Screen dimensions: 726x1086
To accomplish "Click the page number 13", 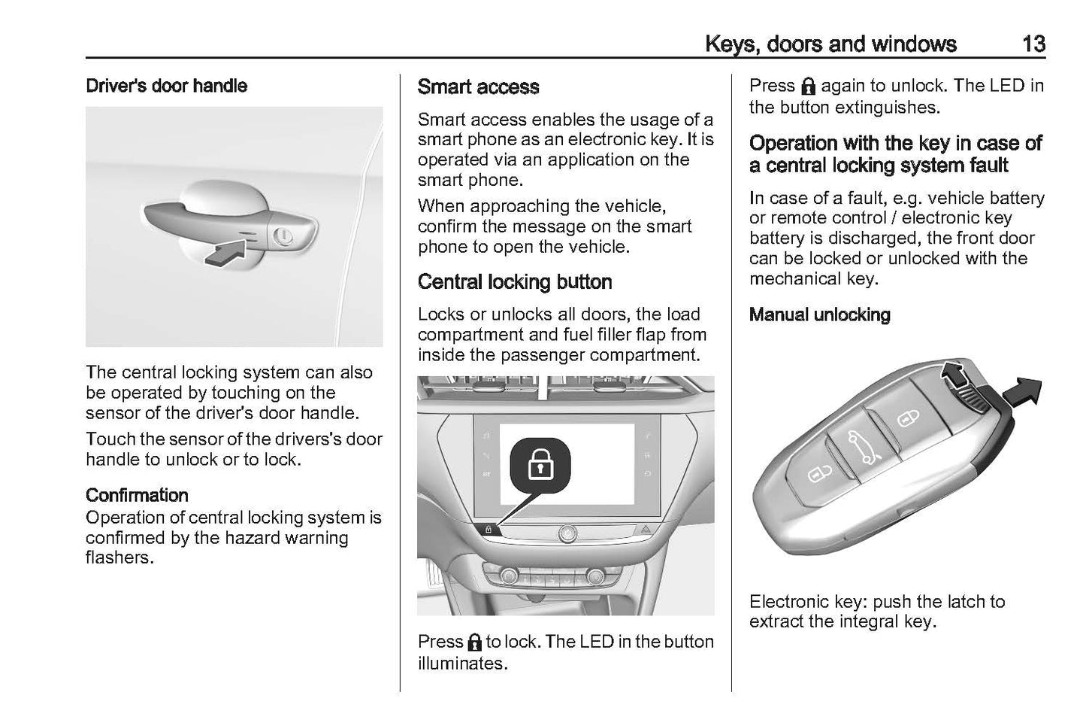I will pos(1033,44).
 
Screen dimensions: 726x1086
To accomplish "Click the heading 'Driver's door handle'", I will pos(166,86).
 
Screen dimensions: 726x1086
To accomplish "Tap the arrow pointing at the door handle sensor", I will pos(226,252).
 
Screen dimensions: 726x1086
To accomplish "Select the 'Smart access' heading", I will pos(478,87).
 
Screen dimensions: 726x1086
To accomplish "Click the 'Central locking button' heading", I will pos(515,282).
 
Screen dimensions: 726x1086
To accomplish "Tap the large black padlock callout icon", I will pos(540,466).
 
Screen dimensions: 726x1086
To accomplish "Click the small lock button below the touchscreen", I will pos(488,530).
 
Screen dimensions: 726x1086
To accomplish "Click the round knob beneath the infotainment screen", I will pos(567,533).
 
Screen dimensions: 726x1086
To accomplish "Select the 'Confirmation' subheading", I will pos(137,495).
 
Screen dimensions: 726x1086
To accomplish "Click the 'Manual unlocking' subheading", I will pos(819,314).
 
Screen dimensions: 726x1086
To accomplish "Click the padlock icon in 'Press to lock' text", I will pos(474,642).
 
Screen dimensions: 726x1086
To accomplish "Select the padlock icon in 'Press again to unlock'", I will pos(808,86).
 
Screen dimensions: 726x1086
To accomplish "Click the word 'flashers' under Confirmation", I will pos(119,558).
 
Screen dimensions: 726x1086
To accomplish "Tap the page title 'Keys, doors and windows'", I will pos(830,44).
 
